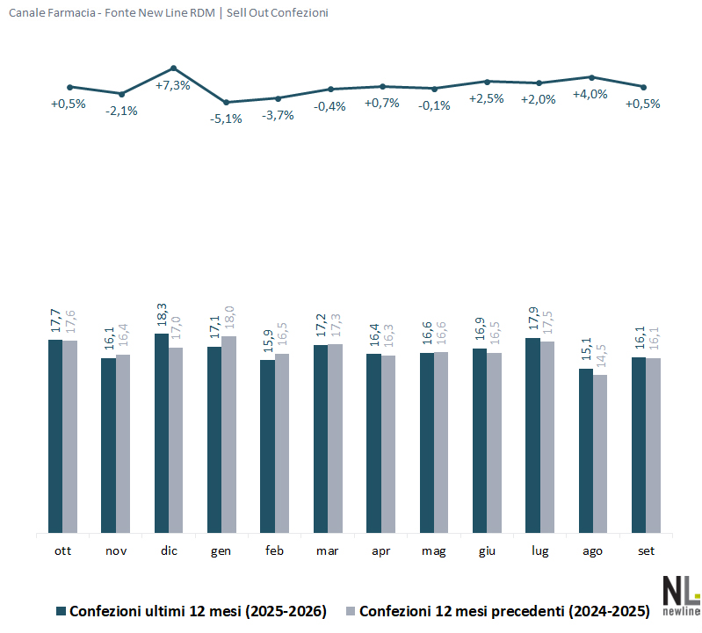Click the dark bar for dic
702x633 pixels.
click(162, 433)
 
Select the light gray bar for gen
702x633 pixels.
click(228, 435)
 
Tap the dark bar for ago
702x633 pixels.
click(586, 451)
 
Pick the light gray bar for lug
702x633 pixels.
click(547, 437)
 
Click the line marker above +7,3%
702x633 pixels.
click(174, 68)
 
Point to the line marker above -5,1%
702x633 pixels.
click(226, 103)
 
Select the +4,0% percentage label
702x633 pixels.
click(590, 95)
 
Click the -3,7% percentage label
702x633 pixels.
click(278, 115)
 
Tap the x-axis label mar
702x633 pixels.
click(327, 550)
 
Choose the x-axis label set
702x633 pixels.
click(646, 550)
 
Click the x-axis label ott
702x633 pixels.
click(62, 550)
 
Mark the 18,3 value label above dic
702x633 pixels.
click(162, 315)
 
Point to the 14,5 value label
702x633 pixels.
click(600, 356)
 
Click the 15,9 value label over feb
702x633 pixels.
click(268, 342)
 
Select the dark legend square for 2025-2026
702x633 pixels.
click(61, 611)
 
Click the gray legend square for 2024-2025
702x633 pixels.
click(351, 611)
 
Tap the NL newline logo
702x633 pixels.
click(681, 595)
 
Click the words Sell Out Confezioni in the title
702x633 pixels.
click(277, 13)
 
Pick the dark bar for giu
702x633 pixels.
click(480, 441)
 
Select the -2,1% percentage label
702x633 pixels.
click(121, 111)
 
